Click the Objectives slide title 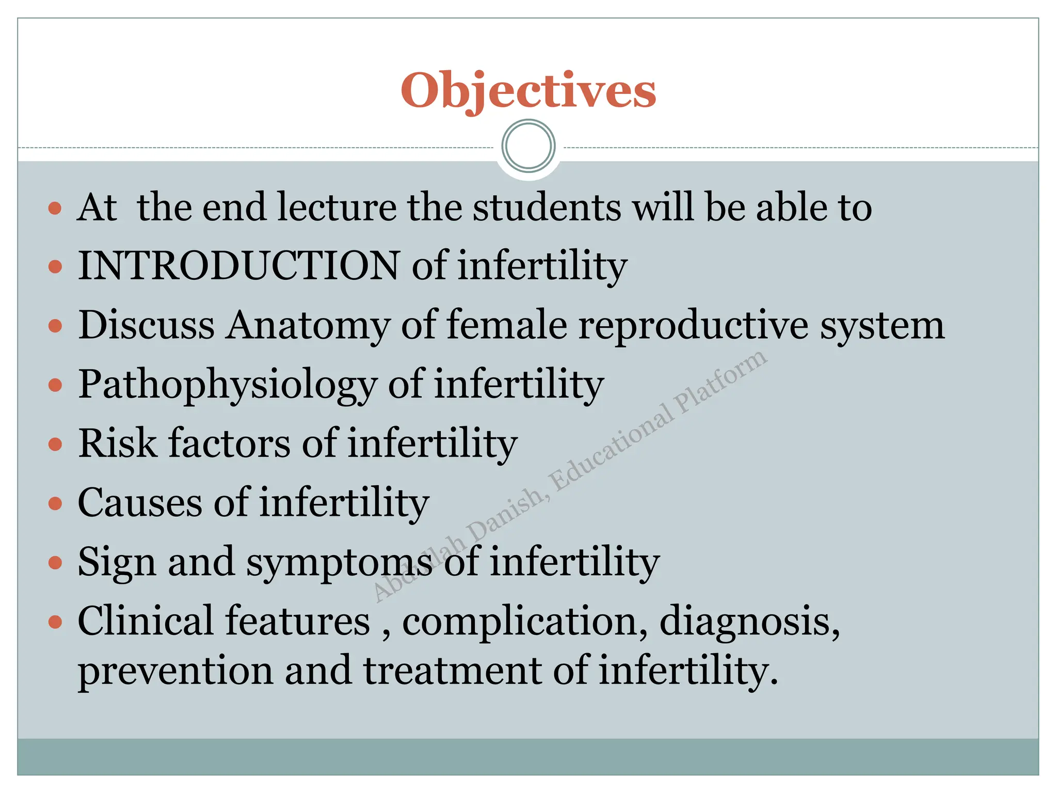coord(528,91)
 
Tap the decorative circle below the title coord(528,146)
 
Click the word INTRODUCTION coord(238,266)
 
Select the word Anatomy coord(308,326)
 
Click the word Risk coord(117,443)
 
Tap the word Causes coord(140,503)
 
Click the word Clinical coord(145,621)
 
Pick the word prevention coord(175,671)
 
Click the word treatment coord(452,671)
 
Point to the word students coord(547,208)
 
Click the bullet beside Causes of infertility coord(55,503)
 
